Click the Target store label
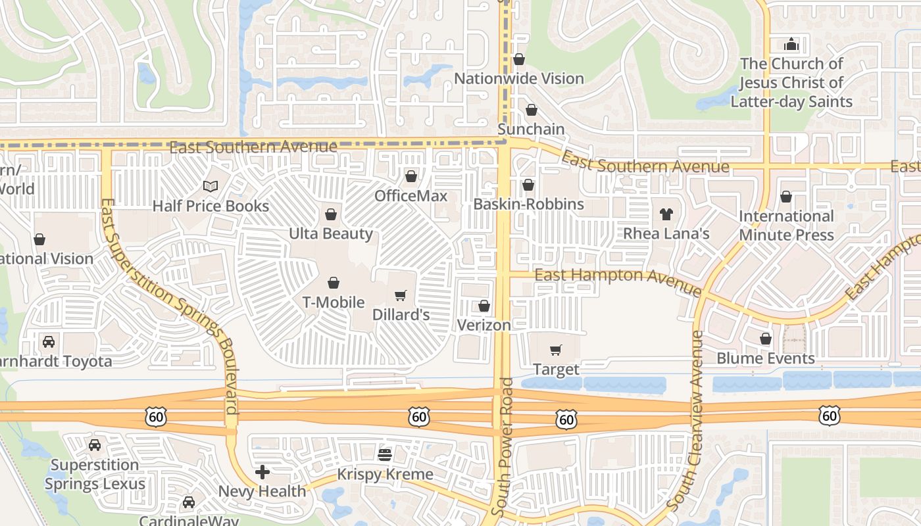(556, 370)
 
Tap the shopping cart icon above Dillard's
(400, 295)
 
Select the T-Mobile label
(333, 302)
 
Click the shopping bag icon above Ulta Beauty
(331, 214)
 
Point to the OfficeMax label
(411, 196)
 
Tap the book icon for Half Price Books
(211, 187)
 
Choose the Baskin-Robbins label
(528, 204)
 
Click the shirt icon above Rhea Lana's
(666, 214)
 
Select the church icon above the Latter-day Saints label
(791, 44)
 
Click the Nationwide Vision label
(519, 79)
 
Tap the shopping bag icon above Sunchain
(531, 110)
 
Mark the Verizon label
(484, 325)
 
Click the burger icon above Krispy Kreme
(385, 454)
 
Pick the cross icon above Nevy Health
(262, 471)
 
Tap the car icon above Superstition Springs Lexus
(95, 445)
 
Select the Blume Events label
(765, 359)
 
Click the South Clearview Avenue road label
(684, 421)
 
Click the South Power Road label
(503, 447)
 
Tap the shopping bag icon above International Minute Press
(785, 197)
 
